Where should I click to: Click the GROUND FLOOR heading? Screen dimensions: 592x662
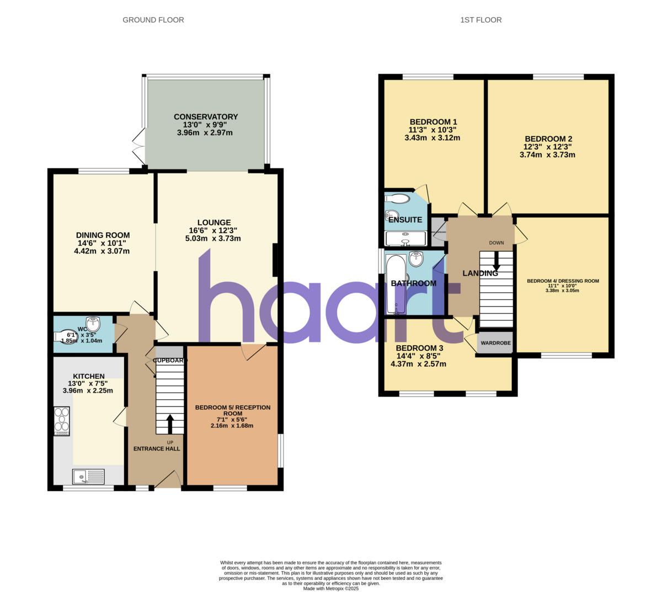tap(153, 20)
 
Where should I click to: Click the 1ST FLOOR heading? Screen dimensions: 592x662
tap(481, 20)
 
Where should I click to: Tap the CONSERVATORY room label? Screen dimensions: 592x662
tap(205, 117)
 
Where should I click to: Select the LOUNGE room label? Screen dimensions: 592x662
tap(212, 223)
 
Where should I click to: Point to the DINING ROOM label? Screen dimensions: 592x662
tap(103, 235)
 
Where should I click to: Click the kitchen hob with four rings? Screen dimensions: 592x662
tap(62, 421)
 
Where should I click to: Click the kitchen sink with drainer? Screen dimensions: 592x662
tap(88, 476)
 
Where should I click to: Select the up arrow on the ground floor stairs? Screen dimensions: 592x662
tap(169, 424)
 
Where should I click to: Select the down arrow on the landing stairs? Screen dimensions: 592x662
tap(496, 261)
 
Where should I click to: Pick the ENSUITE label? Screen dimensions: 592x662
tap(405, 220)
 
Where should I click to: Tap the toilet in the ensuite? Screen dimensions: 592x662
tap(398, 198)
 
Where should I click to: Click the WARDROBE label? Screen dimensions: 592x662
tap(495, 343)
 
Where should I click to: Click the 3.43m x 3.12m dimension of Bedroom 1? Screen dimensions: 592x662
tap(432, 138)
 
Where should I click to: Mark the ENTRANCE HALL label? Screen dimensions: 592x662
tap(157, 449)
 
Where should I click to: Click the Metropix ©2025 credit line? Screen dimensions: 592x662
tap(331, 589)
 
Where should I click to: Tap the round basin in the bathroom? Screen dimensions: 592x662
tap(416, 258)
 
